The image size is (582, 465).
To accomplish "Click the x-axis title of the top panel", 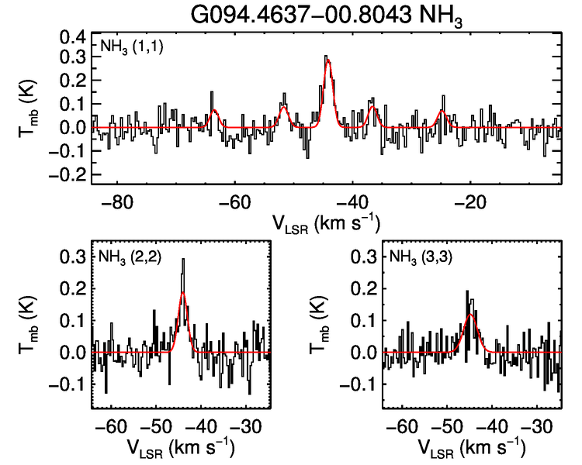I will coord(326,222).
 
